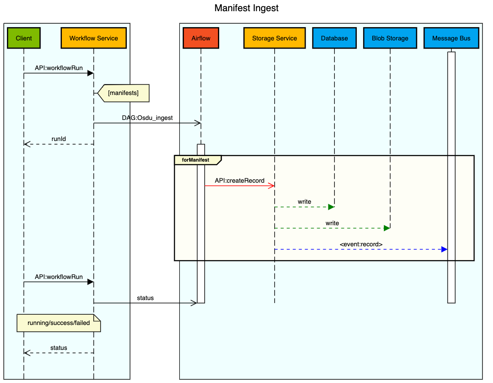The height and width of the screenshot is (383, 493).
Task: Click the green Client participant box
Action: (24, 38)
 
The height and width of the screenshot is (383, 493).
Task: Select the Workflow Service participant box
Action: (94, 38)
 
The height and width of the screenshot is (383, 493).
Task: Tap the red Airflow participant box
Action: (201, 38)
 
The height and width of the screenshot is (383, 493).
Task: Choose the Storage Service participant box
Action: (274, 38)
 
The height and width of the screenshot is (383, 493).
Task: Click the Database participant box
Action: (334, 38)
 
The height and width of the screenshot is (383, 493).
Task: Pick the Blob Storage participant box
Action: (390, 38)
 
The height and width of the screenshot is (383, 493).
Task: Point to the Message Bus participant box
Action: (451, 38)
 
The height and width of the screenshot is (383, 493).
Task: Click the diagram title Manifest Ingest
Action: (246, 8)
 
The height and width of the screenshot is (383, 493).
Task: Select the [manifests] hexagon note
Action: (123, 93)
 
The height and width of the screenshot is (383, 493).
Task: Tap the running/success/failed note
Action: (58, 323)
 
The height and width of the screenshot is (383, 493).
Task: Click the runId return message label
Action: (58, 139)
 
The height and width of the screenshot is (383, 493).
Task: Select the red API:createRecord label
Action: (239, 181)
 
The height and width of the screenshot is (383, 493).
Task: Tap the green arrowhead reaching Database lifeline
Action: (331, 207)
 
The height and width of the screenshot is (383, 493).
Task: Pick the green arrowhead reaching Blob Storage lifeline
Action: (386, 228)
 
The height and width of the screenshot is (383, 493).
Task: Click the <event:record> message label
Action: (361, 244)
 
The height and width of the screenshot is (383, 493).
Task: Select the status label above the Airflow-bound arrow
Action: (145, 298)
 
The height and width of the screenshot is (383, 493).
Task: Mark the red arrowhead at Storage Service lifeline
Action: (271, 186)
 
